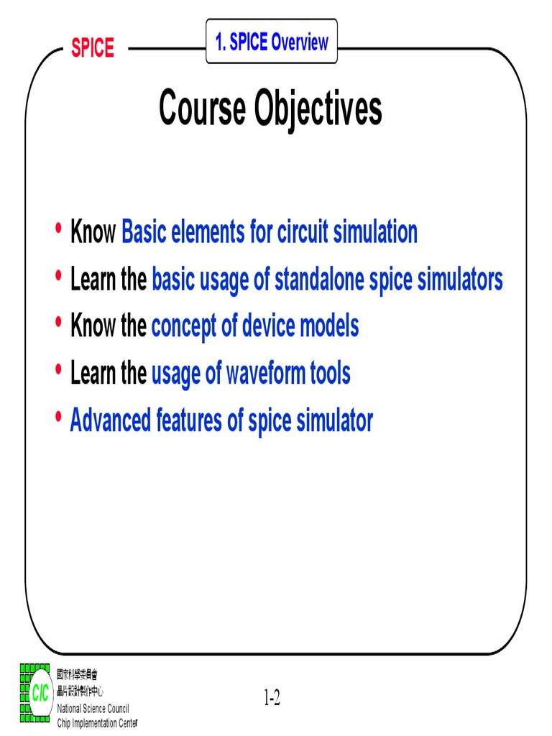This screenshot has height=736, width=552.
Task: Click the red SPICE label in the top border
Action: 92,48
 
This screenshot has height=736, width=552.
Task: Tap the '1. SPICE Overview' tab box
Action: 272,42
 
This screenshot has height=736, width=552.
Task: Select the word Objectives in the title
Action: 318,110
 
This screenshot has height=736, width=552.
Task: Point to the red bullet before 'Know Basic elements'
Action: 58,229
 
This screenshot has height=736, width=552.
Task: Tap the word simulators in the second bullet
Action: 460,280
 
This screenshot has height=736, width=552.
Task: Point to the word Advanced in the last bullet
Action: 110,421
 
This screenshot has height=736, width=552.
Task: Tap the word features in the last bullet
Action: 190,421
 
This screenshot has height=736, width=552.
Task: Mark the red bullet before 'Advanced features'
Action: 58,418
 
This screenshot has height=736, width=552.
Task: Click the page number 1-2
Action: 271,697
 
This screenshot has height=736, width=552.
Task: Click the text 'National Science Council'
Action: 92,709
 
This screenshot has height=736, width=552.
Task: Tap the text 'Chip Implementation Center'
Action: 97,722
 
